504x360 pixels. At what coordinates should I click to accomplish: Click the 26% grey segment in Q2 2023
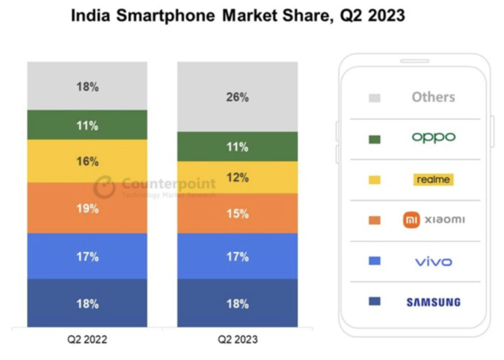237,97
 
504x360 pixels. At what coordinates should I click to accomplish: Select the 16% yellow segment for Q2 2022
87,161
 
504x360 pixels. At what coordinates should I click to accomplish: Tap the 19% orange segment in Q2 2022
87,208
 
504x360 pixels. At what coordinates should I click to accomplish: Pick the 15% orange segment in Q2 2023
237,214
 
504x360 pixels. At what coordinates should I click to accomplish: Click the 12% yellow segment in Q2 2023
237,178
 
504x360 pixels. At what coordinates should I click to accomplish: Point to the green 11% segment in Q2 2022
87,125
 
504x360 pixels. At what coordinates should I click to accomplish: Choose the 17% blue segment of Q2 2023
237,256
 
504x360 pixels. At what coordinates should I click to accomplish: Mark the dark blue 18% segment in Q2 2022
87,304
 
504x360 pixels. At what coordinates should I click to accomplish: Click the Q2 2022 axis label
87,339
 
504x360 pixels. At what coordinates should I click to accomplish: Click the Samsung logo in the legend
433,302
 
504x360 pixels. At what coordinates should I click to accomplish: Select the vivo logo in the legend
433,262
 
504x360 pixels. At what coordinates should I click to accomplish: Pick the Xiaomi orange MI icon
411,220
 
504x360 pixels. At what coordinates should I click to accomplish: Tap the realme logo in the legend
433,180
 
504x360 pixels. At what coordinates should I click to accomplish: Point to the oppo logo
433,138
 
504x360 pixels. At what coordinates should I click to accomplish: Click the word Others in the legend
433,97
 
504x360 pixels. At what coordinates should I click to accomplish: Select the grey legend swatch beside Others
374,98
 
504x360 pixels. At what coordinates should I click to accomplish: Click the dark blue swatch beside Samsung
374,302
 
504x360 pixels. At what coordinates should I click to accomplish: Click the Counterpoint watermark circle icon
104,187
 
